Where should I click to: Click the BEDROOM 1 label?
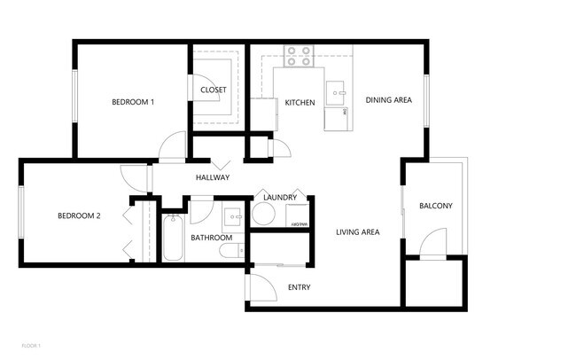[x=133, y=102]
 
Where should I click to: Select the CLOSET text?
[x=213, y=90]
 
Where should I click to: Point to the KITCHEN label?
[x=300, y=103]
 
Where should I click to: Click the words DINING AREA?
[x=389, y=100]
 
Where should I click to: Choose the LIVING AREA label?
[x=357, y=232]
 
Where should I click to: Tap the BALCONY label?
[x=435, y=207]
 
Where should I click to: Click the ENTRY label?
[x=299, y=287]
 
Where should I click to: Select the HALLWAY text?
[x=213, y=177]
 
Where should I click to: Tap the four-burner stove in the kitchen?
[x=300, y=57]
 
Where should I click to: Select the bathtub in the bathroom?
[x=172, y=238]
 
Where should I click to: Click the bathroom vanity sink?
[x=233, y=215]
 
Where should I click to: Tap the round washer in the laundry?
[x=263, y=214]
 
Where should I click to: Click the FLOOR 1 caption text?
[x=31, y=344]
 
